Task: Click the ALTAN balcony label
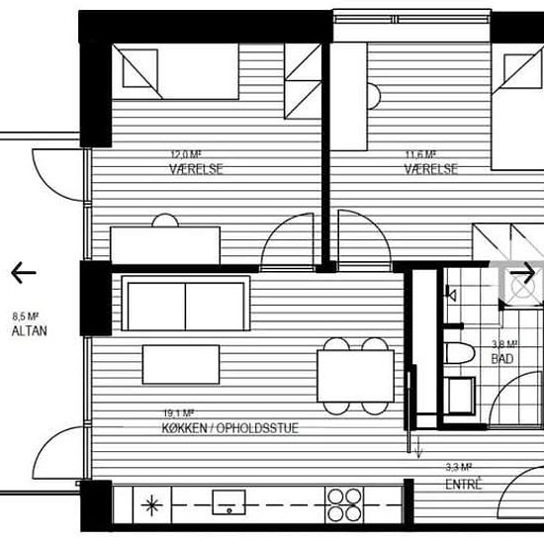tap(29, 331)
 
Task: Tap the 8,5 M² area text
tap(25, 317)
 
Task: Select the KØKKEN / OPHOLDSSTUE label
tap(230, 428)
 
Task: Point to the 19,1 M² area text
tap(179, 413)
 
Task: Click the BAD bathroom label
tap(502, 359)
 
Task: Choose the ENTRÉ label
tap(464, 484)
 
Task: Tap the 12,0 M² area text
tap(186, 154)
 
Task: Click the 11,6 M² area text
tap(420, 154)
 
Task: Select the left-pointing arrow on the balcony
tap(24, 273)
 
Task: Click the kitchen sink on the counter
tap(229, 501)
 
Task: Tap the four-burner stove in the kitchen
tap(344, 504)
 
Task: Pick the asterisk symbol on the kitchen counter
tap(152, 504)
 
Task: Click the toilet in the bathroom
tap(459, 353)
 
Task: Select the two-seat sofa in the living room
tap(186, 304)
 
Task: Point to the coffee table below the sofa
tap(181, 364)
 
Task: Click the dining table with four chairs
tap(356, 376)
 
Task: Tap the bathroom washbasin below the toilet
tap(460, 396)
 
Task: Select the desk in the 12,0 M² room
tap(165, 245)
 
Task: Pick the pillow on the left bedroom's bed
tap(140, 68)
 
